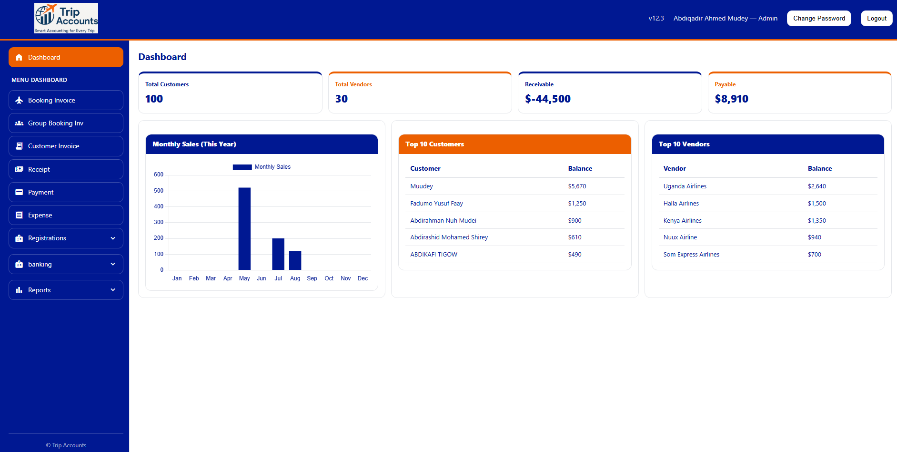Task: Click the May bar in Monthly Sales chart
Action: pyautogui.click(x=244, y=229)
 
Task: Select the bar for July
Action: pyautogui.click(x=278, y=254)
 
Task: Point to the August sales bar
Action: pyautogui.click(x=295, y=260)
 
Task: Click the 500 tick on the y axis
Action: pyautogui.click(x=159, y=191)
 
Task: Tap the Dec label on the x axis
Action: pyautogui.click(x=363, y=278)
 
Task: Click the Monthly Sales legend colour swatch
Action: pyautogui.click(x=242, y=167)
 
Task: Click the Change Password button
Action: pyautogui.click(x=819, y=19)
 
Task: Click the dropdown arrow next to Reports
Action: pyautogui.click(x=113, y=290)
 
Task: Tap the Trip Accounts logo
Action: pyautogui.click(x=66, y=18)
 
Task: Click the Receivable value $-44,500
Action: pyautogui.click(x=547, y=99)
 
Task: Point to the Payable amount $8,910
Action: pyautogui.click(x=731, y=99)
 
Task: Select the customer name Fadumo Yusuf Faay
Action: pyautogui.click(x=436, y=204)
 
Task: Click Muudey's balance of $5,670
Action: pyautogui.click(x=577, y=186)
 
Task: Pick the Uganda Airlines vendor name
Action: pyautogui.click(x=685, y=186)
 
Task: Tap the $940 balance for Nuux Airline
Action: pyautogui.click(x=814, y=237)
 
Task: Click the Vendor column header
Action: pyautogui.click(x=675, y=169)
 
